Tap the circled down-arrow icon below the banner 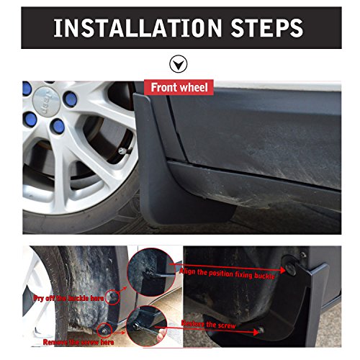point(179,64)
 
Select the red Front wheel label point(179,88)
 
